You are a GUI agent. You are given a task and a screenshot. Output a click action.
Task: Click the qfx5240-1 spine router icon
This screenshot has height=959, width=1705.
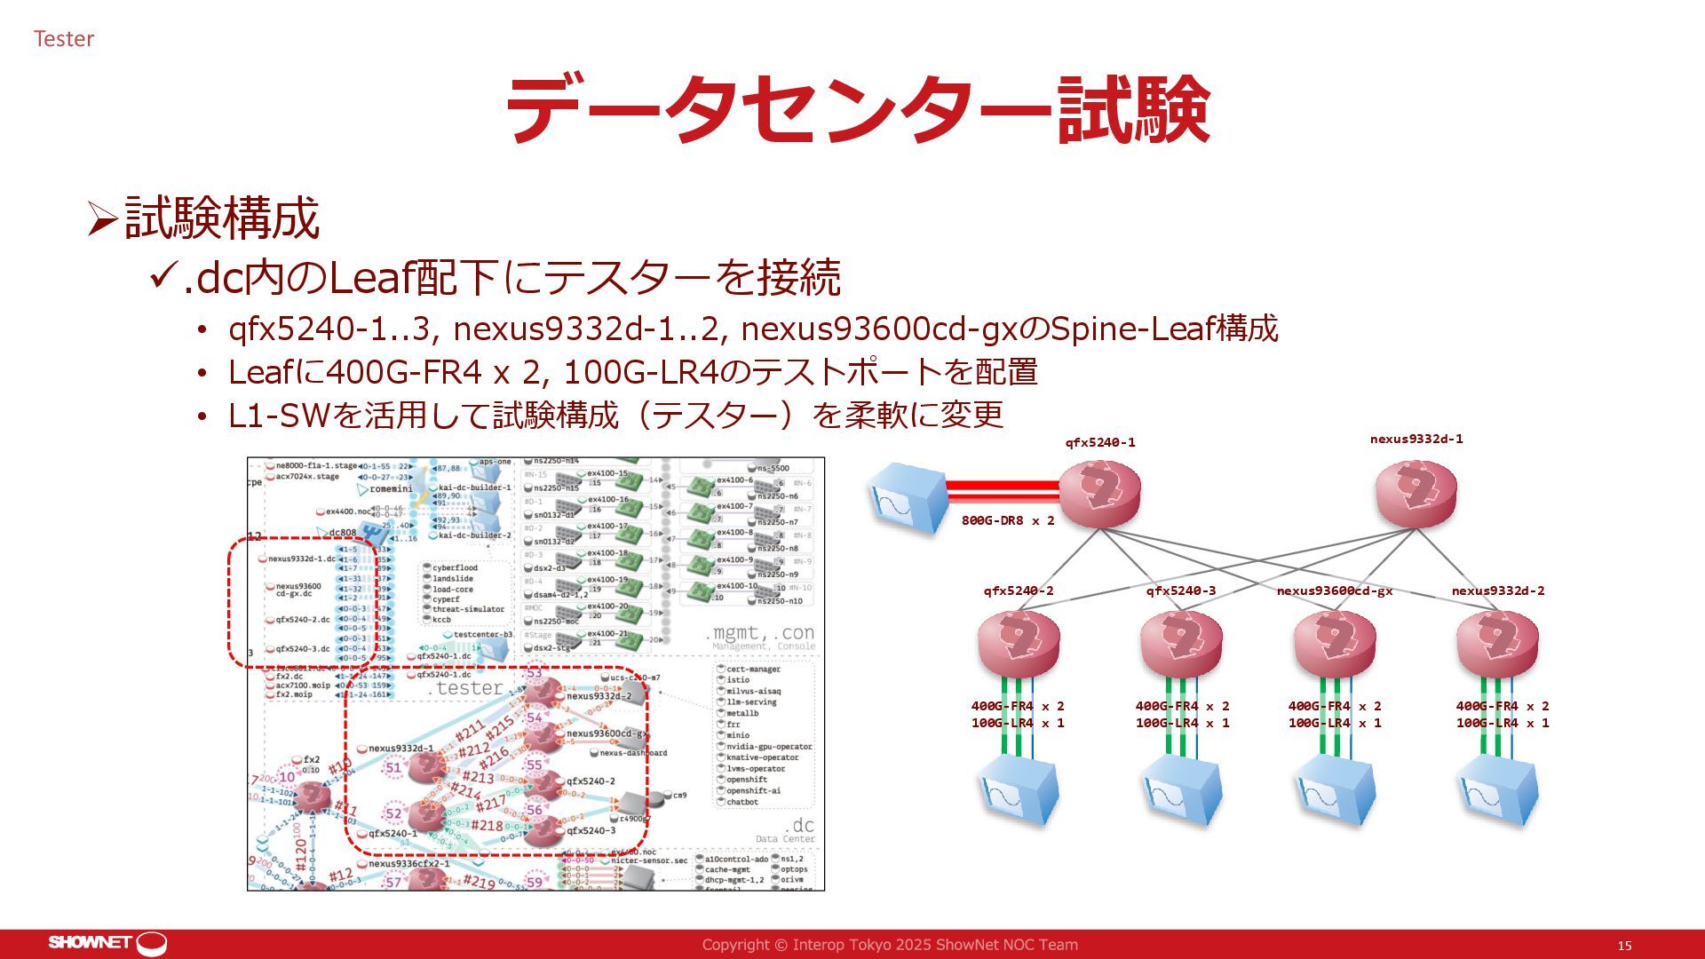point(1099,494)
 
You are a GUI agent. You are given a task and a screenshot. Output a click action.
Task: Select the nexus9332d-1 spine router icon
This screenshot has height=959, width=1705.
point(1416,494)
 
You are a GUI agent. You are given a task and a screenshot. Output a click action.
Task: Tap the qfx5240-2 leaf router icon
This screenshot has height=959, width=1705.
point(1019,643)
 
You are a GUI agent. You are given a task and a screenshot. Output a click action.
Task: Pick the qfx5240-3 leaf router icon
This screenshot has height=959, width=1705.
point(1180,643)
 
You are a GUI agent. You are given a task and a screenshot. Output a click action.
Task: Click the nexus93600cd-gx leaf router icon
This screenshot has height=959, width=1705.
point(1335,643)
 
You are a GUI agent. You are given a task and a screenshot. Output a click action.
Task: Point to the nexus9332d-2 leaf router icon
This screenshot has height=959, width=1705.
point(1497,643)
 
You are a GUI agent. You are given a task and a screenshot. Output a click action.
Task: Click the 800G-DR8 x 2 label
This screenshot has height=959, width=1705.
point(1008,521)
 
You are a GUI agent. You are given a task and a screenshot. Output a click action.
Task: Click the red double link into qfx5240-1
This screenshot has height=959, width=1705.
point(1003,491)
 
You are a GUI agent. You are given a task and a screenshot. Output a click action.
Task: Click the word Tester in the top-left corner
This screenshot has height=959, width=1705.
point(64,39)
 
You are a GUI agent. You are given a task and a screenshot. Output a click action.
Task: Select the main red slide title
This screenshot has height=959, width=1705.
point(857,109)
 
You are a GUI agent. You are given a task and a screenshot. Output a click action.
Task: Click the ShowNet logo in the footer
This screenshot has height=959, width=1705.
point(107,943)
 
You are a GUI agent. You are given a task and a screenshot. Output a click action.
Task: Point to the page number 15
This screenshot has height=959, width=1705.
point(1624,946)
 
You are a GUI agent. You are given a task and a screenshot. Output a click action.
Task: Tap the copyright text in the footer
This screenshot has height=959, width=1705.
point(890,945)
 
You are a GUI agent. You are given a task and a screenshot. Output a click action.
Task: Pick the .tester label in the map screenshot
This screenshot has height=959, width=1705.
point(466,688)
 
